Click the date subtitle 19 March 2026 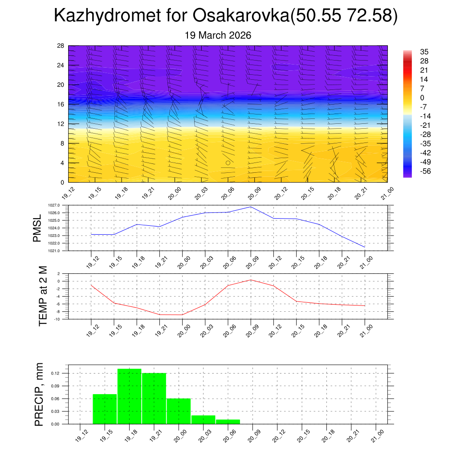(x=218, y=35)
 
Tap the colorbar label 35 (x=424, y=52)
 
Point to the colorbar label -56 (x=425, y=171)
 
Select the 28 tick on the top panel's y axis (x=61, y=46)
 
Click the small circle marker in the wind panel (x=228, y=163)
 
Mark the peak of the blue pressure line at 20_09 (x=251, y=207)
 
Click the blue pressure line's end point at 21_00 (x=365, y=247)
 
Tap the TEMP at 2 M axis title (x=43, y=296)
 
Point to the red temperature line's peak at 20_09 (x=251, y=280)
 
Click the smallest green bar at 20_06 (x=228, y=421)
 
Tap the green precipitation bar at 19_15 (x=105, y=409)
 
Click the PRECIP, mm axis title (x=39, y=395)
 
